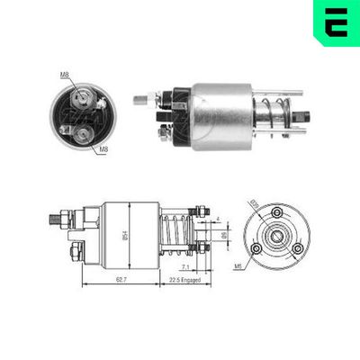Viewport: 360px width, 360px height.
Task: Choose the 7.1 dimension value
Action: [184, 266]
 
